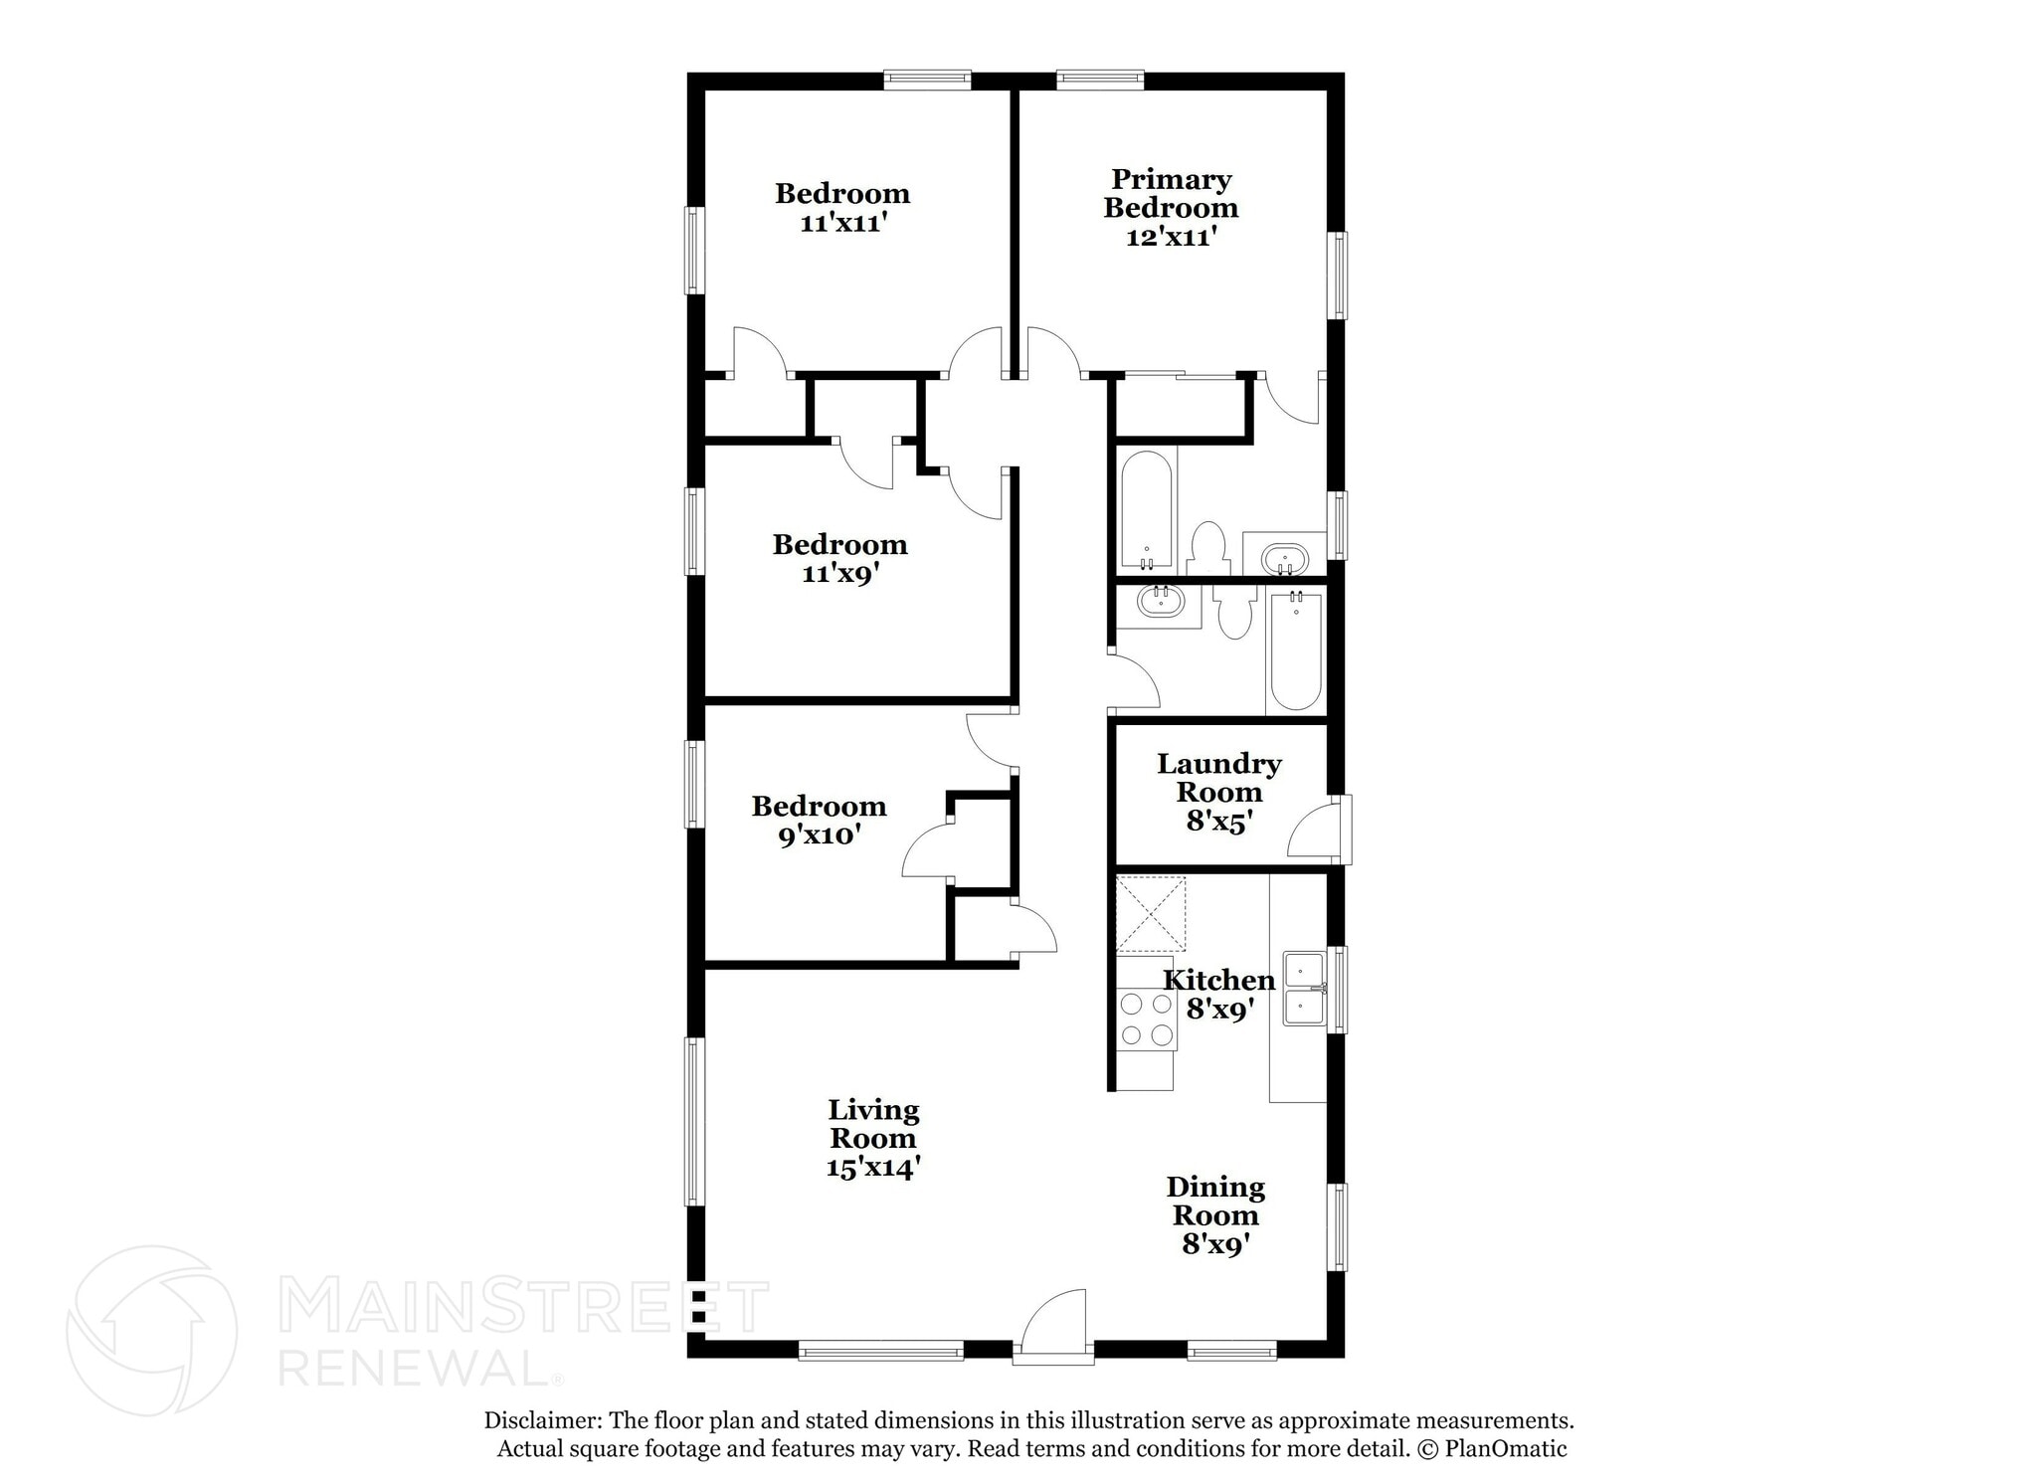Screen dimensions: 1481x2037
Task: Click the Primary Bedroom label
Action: pyautogui.click(x=1170, y=194)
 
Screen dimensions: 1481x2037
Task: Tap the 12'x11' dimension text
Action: pyautogui.click(x=1171, y=238)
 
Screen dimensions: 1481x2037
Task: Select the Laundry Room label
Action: pyautogui.click(x=1218, y=778)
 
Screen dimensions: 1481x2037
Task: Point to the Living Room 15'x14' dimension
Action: pyautogui.click(x=872, y=1168)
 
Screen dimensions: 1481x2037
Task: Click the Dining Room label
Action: pyautogui.click(x=1215, y=1201)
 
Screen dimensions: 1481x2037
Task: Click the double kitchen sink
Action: pyautogui.click(x=1303, y=989)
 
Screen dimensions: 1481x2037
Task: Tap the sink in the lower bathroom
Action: pyautogui.click(x=1159, y=603)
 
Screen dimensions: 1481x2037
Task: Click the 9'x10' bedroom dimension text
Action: pyautogui.click(x=818, y=835)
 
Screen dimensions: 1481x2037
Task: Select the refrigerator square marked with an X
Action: pyautogui.click(x=1151, y=913)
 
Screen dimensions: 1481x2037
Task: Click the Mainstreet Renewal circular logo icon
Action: pyautogui.click(x=151, y=1330)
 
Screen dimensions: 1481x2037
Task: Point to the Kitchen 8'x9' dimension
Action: pyautogui.click(x=1218, y=1010)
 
